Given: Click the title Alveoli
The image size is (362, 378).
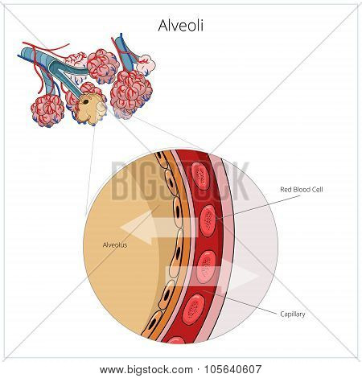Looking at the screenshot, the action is pyautogui.click(x=181, y=26).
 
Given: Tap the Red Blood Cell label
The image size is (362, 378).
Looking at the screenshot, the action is pyautogui.click(x=302, y=190).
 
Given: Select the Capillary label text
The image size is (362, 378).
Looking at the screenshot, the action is pyautogui.click(x=293, y=314).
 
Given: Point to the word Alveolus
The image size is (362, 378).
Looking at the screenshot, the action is pyautogui.click(x=115, y=244).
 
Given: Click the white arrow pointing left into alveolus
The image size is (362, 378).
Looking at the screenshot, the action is pyautogui.click(x=159, y=228).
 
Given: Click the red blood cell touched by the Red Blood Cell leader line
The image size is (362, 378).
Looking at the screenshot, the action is pyautogui.click(x=208, y=220).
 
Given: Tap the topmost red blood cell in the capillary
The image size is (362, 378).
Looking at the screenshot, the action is pyautogui.click(x=200, y=175).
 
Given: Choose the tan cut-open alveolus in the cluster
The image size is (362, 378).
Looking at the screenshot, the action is pyautogui.click(x=89, y=109).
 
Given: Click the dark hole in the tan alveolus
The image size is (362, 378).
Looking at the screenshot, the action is pyautogui.click(x=86, y=102).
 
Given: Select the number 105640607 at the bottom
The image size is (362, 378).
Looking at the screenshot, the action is pyautogui.click(x=232, y=369).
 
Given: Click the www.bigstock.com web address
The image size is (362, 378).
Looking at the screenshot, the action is pyautogui.click(x=146, y=370).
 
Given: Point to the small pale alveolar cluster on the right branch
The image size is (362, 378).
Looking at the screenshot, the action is pyautogui.click(x=146, y=64).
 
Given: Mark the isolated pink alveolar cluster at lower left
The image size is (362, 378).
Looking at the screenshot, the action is pyautogui.click(x=47, y=110).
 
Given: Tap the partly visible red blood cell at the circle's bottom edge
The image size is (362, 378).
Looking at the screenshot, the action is pyautogui.click(x=176, y=340).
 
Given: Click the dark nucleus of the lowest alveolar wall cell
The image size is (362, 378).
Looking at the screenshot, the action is pyautogui.click(x=153, y=323).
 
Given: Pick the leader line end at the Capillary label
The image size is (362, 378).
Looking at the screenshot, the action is pyautogui.click(x=277, y=313).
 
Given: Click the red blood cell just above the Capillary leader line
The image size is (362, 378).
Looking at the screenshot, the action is pyautogui.click(x=206, y=267).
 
